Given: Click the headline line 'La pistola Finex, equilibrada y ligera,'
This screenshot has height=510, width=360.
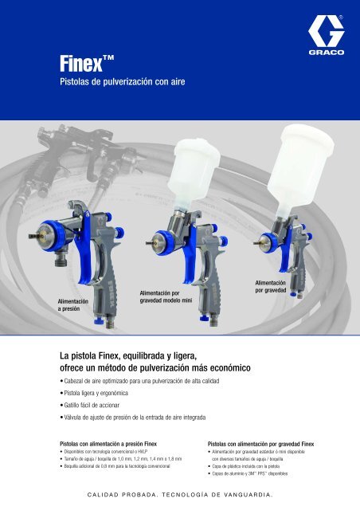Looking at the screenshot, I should click(130, 355).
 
